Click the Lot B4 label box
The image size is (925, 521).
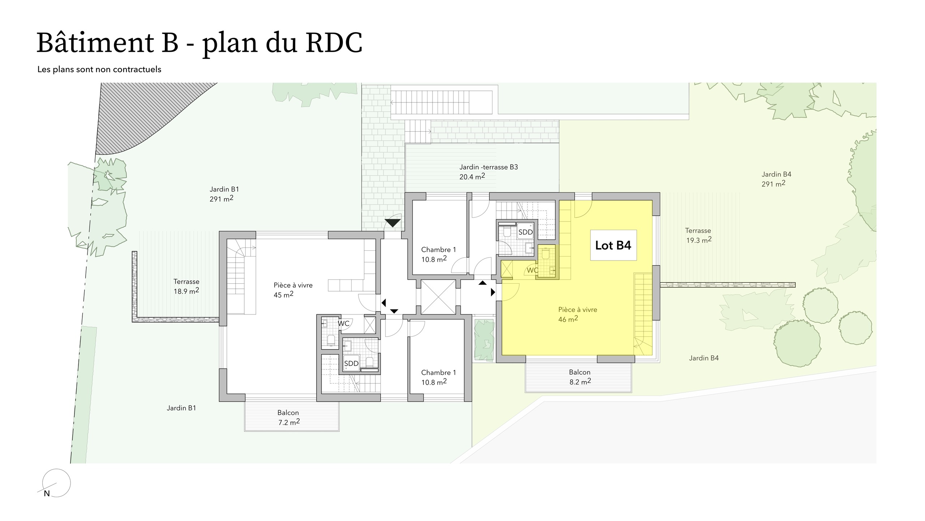pos(613,245)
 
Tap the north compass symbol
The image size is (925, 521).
pos(56,483)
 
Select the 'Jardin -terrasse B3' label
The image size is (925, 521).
pos(488,172)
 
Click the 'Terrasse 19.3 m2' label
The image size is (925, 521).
pos(698,235)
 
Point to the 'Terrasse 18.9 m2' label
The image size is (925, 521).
pos(186,286)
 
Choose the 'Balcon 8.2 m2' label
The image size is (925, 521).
pos(580,377)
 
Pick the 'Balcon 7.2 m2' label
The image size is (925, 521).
pos(288,417)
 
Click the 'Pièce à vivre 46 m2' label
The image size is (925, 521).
pos(577,314)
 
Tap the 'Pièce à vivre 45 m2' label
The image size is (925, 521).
pos(293,290)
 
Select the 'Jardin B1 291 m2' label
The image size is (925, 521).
pos(224,194)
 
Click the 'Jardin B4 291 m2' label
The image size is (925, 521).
pos(776,179)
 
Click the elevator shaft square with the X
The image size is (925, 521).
pos(438,297)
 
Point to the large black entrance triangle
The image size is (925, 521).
pos(393,223)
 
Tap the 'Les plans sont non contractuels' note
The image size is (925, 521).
pos(99,69)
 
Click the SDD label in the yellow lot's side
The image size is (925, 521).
pos(525,232)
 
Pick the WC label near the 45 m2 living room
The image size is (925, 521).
pos(344,323)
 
